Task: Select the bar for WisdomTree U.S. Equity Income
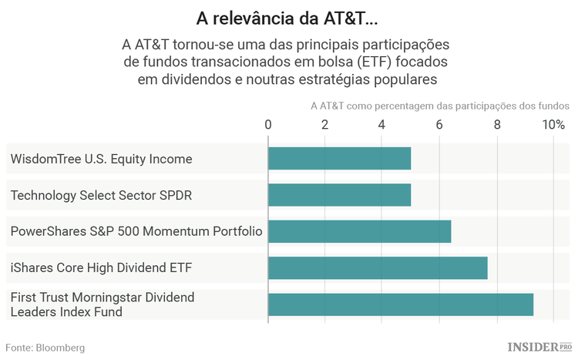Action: pyautogui.click(x=339, y=159)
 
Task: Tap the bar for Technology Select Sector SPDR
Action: pyautogui.click(x=339, y=195)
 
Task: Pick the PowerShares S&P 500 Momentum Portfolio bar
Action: pyautogui.click(x=359, y=231)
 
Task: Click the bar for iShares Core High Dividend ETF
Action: pyautogui.click(x=378, y=267)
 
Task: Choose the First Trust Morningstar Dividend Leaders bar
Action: pyautogui.click(x=401, y=304)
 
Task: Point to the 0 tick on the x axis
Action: pyautogui.click(x=268, y=125)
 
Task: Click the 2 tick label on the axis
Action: pyautogui.click(x=325, y=125)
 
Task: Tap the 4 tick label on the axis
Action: pyautogui.click(x=382, y=125)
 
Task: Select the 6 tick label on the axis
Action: pyautogui.click(x=439, y=125)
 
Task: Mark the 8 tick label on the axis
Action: pyautogui.click(x=496, y=125)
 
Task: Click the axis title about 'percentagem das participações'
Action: pyautogui.click(x=439, y=106)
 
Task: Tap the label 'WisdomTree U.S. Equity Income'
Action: pyautogui.click(x=101, y=159)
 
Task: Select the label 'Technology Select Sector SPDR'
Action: pyautogui.click(x=101, y=195)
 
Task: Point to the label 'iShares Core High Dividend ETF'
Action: pyautogui.click(x=101, y=267)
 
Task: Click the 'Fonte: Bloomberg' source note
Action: pyautogui.click(x=45, y=348)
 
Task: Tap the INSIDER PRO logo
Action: pyautogui.click(x=539, y=347)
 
